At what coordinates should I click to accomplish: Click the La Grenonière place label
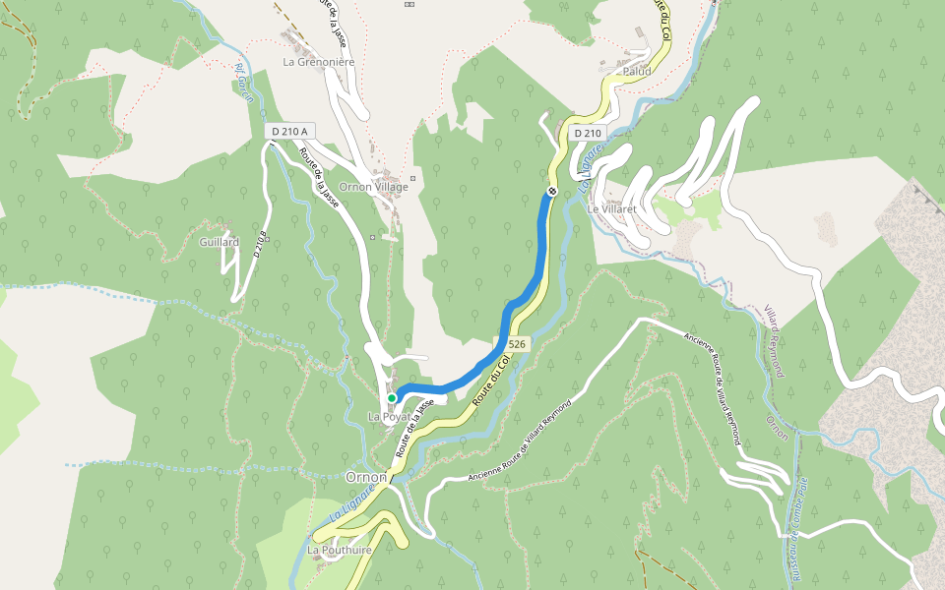318,61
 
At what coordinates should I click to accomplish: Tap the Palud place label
638,71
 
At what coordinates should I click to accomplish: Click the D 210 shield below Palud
587,133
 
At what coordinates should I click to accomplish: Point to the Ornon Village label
373,187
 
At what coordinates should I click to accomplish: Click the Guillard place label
219,242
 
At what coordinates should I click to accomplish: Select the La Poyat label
388,417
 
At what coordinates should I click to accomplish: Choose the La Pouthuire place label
340,550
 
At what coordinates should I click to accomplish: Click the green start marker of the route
392,398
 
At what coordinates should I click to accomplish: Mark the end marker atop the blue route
553,191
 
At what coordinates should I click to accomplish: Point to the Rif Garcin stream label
244,83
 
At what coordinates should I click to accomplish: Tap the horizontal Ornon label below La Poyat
365,477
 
